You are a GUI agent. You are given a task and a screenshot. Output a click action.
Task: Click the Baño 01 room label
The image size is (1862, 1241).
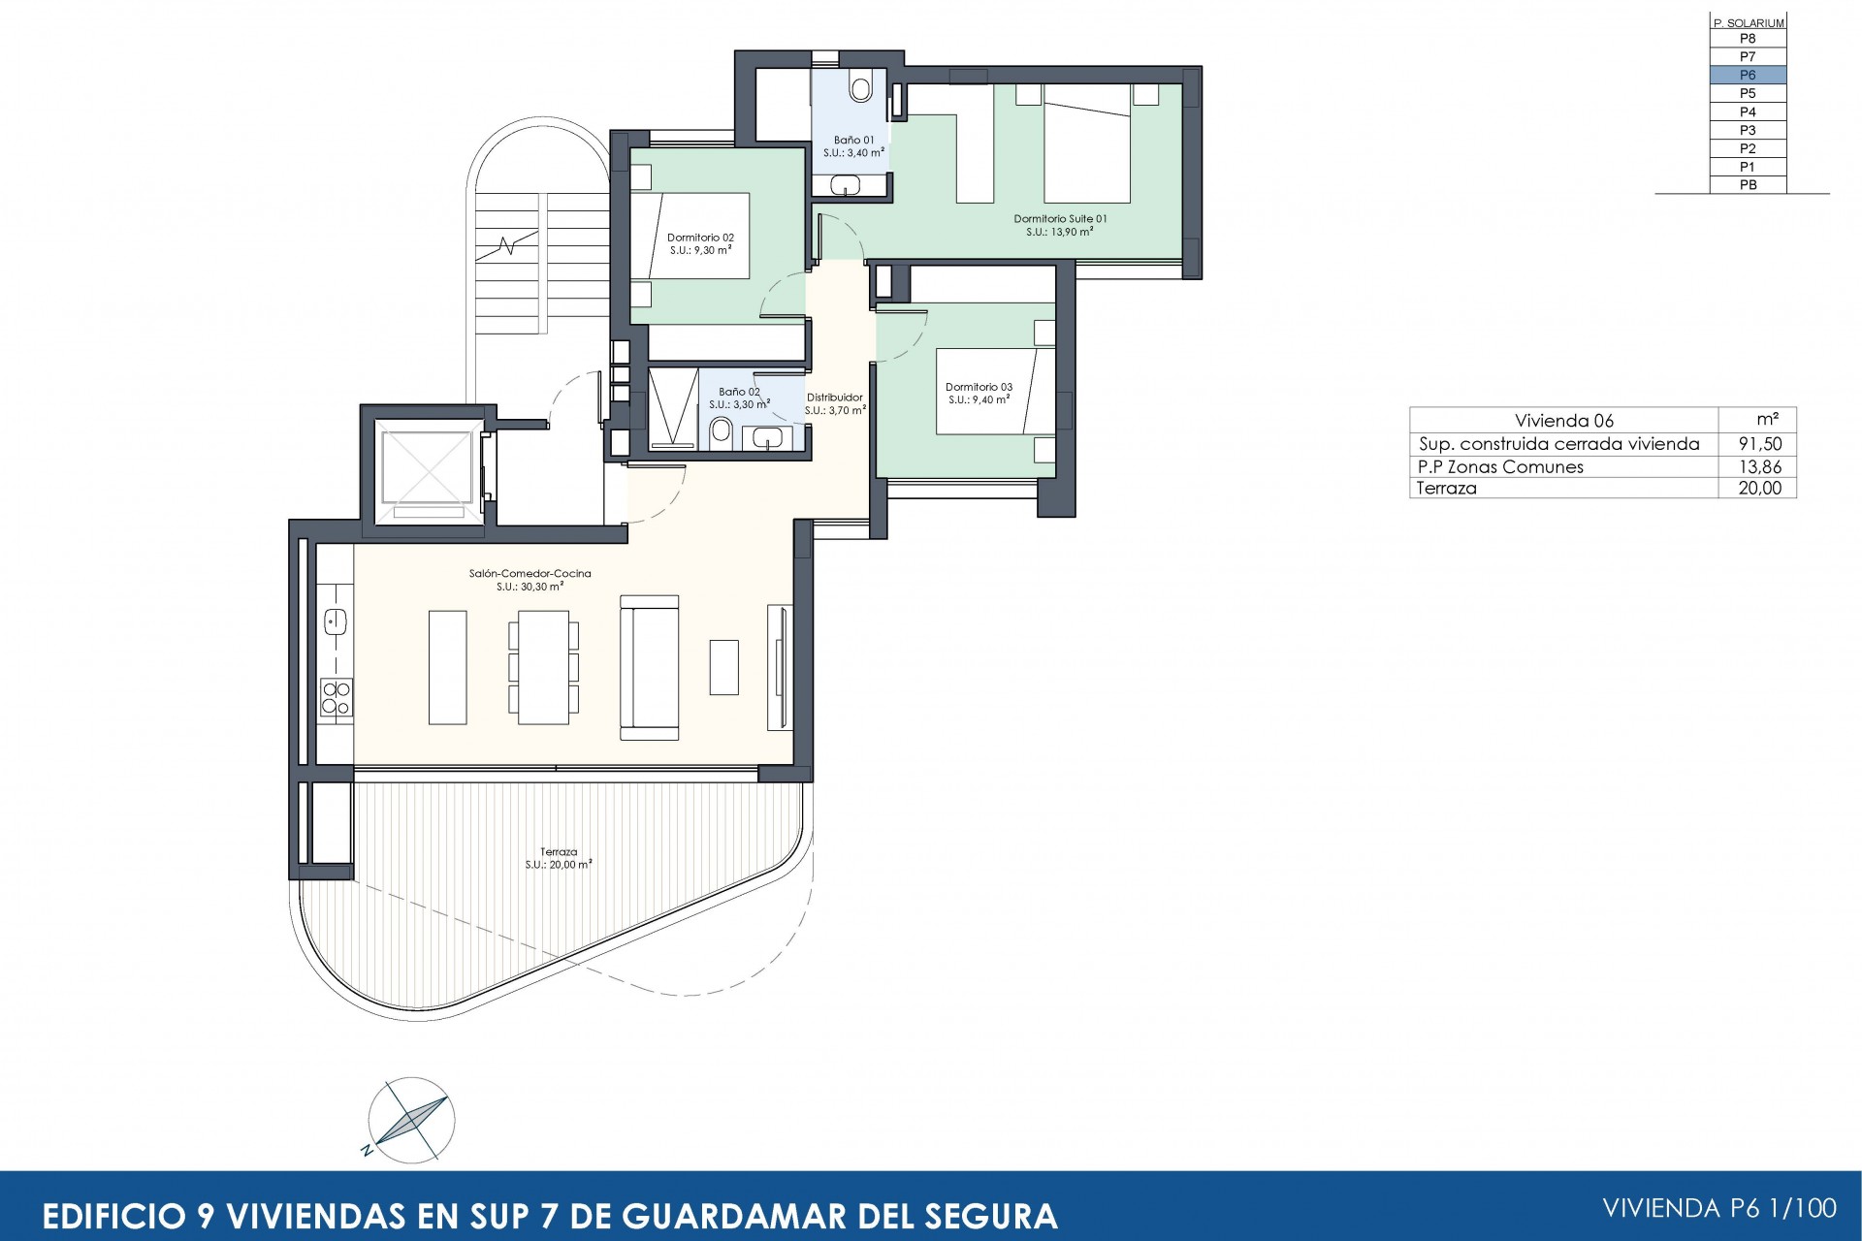[x=853, y=146]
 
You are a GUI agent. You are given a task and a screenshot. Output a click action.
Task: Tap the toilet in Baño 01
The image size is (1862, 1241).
[x=860, y=86]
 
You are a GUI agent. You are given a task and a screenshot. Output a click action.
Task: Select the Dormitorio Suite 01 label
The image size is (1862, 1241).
[x=1060, y=225]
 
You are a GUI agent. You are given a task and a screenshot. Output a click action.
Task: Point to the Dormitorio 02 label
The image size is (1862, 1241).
[x=700, y=243]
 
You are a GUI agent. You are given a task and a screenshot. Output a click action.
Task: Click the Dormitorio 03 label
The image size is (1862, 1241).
[x=979, y=393]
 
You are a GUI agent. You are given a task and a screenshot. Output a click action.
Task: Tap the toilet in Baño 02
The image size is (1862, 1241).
[x=721, y=432]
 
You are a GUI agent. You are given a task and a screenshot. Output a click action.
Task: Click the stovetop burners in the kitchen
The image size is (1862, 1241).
[x=336, y=697]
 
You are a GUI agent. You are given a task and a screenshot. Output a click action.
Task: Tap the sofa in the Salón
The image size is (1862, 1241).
[x=649, y=667]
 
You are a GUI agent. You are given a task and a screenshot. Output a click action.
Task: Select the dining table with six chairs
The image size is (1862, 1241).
[x=543, y=667]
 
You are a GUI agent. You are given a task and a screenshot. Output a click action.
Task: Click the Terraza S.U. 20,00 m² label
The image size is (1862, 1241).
[x=559, y=858]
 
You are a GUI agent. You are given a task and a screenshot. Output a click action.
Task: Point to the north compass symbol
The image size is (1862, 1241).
[x=411, y=1119]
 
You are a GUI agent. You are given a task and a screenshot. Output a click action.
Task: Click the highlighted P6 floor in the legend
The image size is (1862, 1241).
[x=1747, y=75]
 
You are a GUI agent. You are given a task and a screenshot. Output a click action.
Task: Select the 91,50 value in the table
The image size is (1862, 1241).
[x=1759, y=444]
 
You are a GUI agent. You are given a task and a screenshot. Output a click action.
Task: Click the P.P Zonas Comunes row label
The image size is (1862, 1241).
[x=1500, y=466]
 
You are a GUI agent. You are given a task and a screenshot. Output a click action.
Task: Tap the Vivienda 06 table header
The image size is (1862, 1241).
[x=1563, y=420]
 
